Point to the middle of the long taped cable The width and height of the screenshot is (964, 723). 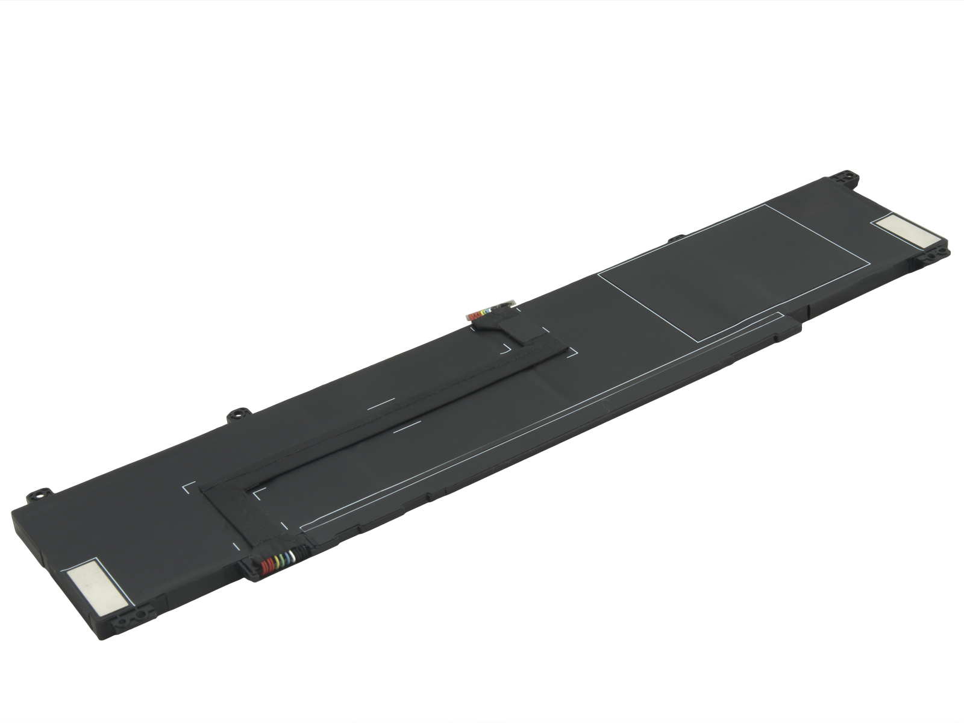386,416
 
